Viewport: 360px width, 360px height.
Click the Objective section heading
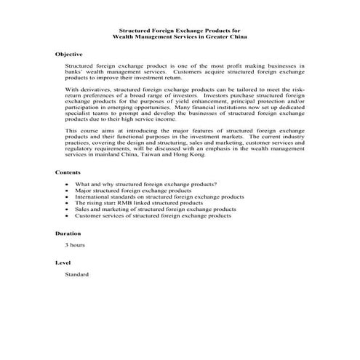[69, 55]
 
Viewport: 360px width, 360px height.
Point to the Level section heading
[63, 263]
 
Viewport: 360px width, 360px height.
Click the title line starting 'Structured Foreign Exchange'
[180, 31]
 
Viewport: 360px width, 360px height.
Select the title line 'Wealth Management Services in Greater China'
[180, 37]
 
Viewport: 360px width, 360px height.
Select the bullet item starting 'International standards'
[159, 197]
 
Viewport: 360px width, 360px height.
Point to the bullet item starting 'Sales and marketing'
[156, 209]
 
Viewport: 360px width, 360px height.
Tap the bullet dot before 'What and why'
[68, 185]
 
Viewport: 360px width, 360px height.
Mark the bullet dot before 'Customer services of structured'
[68, 216]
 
